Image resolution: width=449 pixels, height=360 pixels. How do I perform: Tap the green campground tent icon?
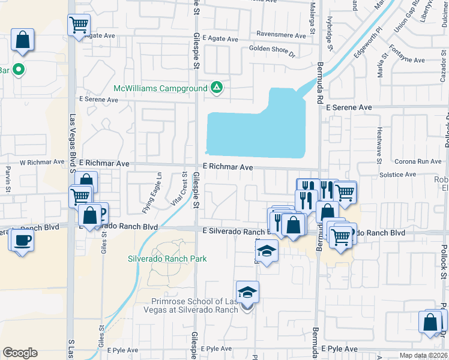click(x=217, y=89)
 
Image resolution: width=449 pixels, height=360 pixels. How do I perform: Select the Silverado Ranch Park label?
click(x=167, y=259)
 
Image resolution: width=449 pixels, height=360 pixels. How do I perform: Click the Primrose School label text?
click(x=196, y=305)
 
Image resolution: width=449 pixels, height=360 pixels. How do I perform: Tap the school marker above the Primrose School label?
click(x=247, y=293)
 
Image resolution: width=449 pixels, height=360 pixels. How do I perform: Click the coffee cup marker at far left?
click(x=22, y=241)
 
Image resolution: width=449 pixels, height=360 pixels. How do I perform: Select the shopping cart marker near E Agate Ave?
click(x=79, y=25)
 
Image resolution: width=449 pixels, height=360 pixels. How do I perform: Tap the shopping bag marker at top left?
click(x=22, y=41)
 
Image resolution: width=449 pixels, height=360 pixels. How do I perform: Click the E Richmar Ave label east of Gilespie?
click(x=228, y=168)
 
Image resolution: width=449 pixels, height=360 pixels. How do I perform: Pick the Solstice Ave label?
click(x=401, y=175)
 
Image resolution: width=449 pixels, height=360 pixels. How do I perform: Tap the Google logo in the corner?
click(x=20, y=353)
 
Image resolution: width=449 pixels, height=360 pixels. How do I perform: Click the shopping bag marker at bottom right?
click(x=432, y=322)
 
